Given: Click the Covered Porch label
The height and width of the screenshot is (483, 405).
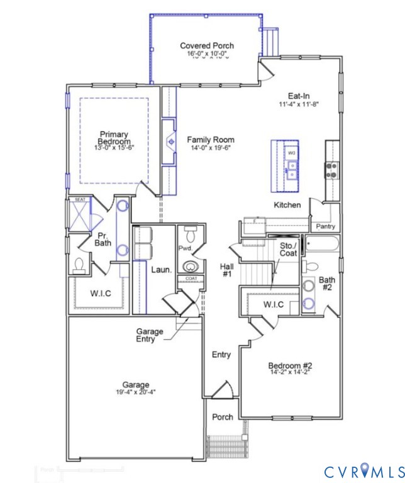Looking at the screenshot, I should (207, 46).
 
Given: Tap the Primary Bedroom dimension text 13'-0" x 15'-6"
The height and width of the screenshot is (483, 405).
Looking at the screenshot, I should (114, 147).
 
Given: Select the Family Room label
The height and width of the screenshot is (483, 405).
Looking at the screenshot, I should (211, 140).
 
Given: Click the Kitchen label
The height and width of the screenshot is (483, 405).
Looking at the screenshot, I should (287, 205).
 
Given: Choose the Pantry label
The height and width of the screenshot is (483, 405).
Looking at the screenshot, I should (326, 226).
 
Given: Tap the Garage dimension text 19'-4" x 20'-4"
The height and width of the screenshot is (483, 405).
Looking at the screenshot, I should (136, 392).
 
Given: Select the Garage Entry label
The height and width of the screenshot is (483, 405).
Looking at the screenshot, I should (150, 335).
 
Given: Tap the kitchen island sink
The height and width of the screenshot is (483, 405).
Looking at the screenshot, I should (292, 167).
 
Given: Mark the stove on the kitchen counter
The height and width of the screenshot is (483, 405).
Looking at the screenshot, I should (331, 169).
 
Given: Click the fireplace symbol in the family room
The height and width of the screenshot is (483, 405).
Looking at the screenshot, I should (169, 142).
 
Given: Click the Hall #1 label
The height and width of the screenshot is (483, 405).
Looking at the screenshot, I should (226, 270).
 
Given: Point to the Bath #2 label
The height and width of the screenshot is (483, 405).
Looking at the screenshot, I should (326, 284).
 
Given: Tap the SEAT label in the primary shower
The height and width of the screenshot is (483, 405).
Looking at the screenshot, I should (80, 199).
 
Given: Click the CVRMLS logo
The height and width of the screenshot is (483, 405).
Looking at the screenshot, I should (363, 471).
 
